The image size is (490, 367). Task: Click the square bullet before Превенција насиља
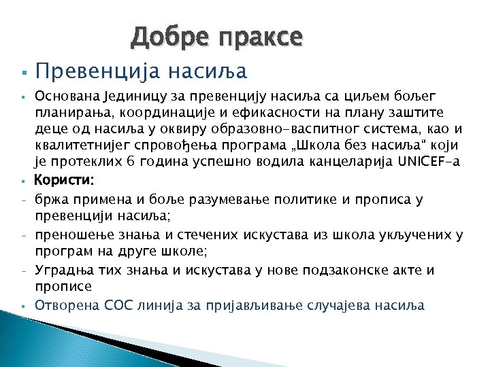(x=23, y=71)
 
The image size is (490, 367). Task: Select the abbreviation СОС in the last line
(x=119, y=305)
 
